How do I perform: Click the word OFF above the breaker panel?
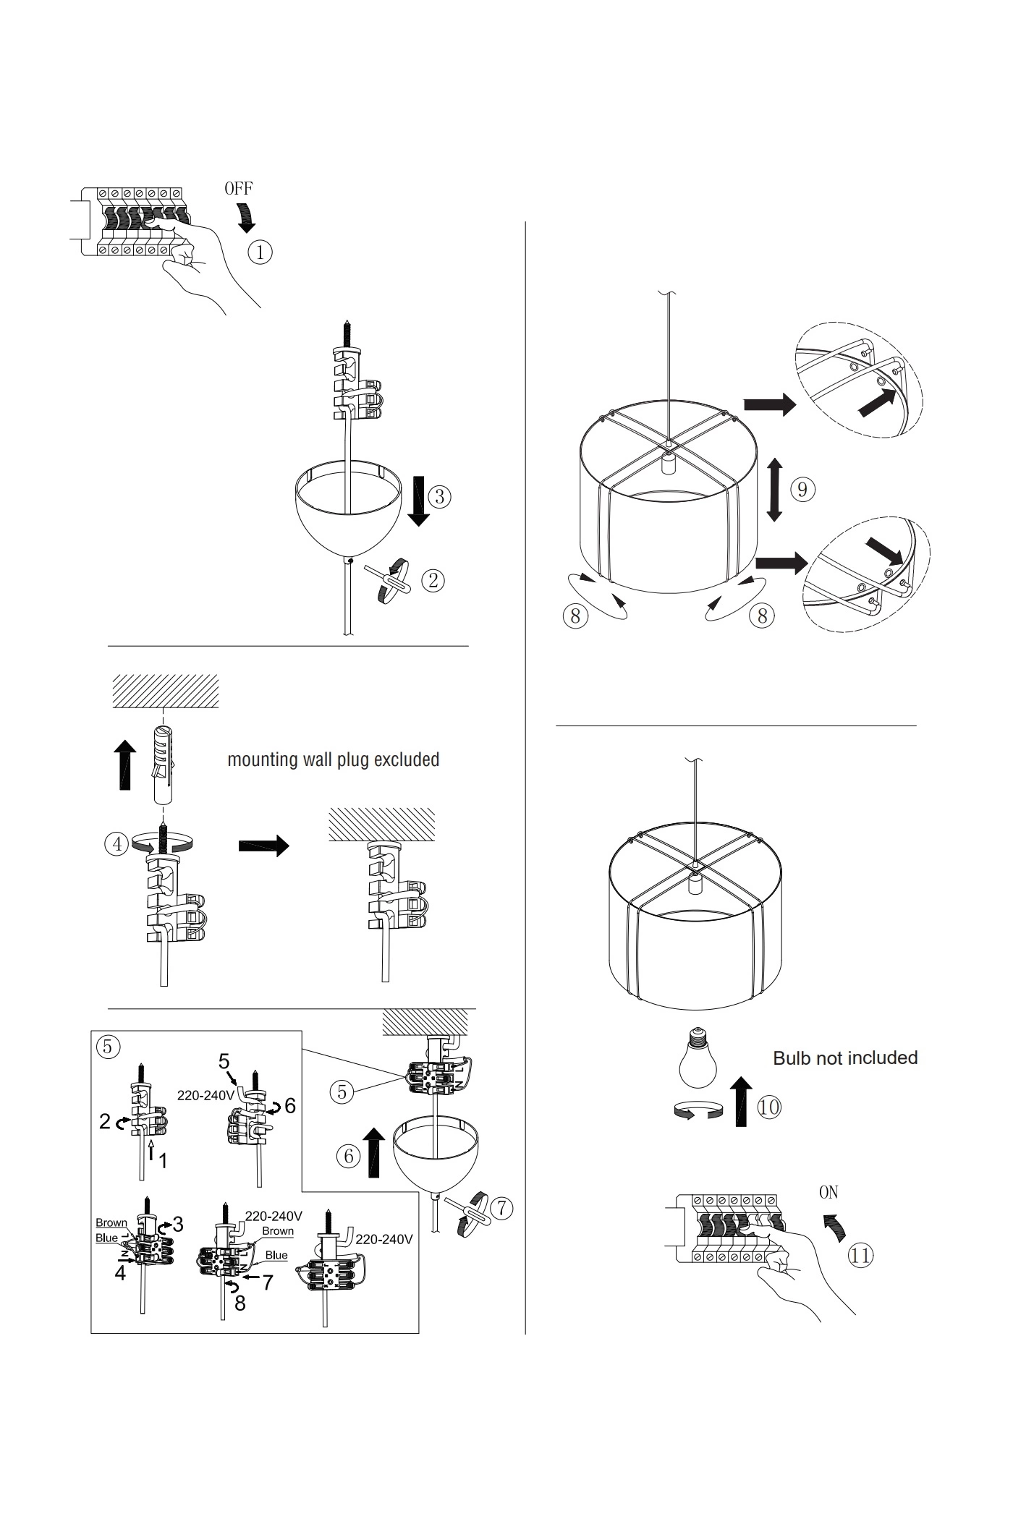click(x=238, y=189)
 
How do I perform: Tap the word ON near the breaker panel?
click(x=828, y=1192)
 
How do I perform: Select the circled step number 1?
click(x=260, y=252)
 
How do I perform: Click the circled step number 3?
click(x=439, y=496)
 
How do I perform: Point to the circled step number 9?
click(x=802, y=490)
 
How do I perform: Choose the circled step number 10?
click(x=769, y=1107)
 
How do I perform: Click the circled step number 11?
click(x=860, y=1254)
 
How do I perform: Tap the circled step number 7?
click(x=501, y=1207)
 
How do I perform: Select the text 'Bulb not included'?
click(x=845, y=1058)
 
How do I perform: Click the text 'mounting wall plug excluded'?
click(x=334, y=759)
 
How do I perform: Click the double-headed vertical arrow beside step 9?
click(x=775, y=490)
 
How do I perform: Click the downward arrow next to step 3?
click(x=418, y=501)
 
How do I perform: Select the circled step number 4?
click(x=116, y=843)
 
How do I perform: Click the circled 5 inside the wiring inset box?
click(x=108, y=1047)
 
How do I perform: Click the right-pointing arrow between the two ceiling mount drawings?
click(x=263, y=846)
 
